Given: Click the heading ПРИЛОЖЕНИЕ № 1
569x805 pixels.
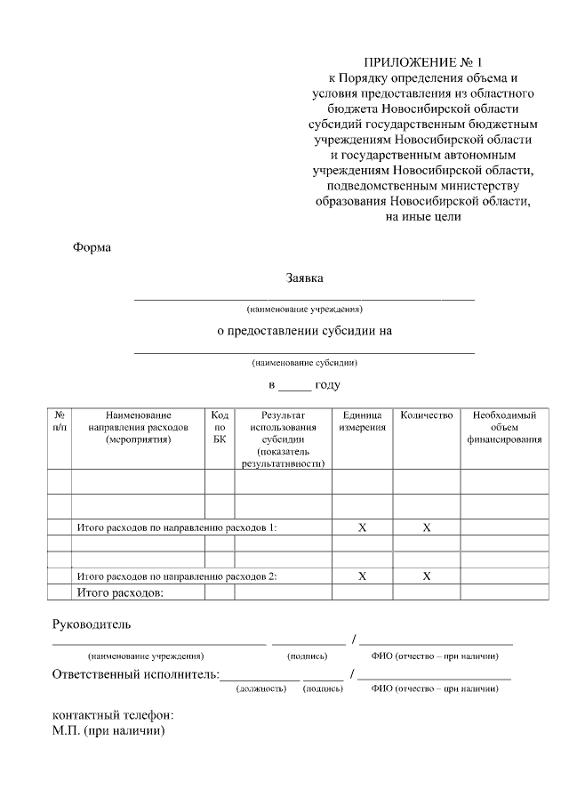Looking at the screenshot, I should [422, 63].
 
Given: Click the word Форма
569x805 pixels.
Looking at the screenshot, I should [92, 247].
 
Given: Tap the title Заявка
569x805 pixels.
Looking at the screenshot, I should [304, 278].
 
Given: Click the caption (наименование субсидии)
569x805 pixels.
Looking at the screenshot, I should [305, 363].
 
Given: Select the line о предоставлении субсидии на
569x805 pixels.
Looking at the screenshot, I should [305, 331].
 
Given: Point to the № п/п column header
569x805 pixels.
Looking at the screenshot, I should [59, 422].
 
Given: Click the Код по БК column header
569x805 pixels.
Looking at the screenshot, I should [220, 427].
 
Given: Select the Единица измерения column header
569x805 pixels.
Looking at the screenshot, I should [362, 422].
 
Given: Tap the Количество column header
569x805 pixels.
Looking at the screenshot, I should [427, 415].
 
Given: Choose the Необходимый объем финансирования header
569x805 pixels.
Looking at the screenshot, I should [504, 427].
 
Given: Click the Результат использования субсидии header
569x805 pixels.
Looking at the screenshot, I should [283, 439].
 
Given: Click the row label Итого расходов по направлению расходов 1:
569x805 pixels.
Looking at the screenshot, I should [177, 527].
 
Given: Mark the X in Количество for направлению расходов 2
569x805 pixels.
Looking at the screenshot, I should [427, 576].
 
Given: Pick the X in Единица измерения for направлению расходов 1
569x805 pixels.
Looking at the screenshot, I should [362, 527].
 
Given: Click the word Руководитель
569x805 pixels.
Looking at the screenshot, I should [92, 625].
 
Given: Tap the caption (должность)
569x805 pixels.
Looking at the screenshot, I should [260, 688].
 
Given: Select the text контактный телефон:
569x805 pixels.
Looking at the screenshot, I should [112, 716].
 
